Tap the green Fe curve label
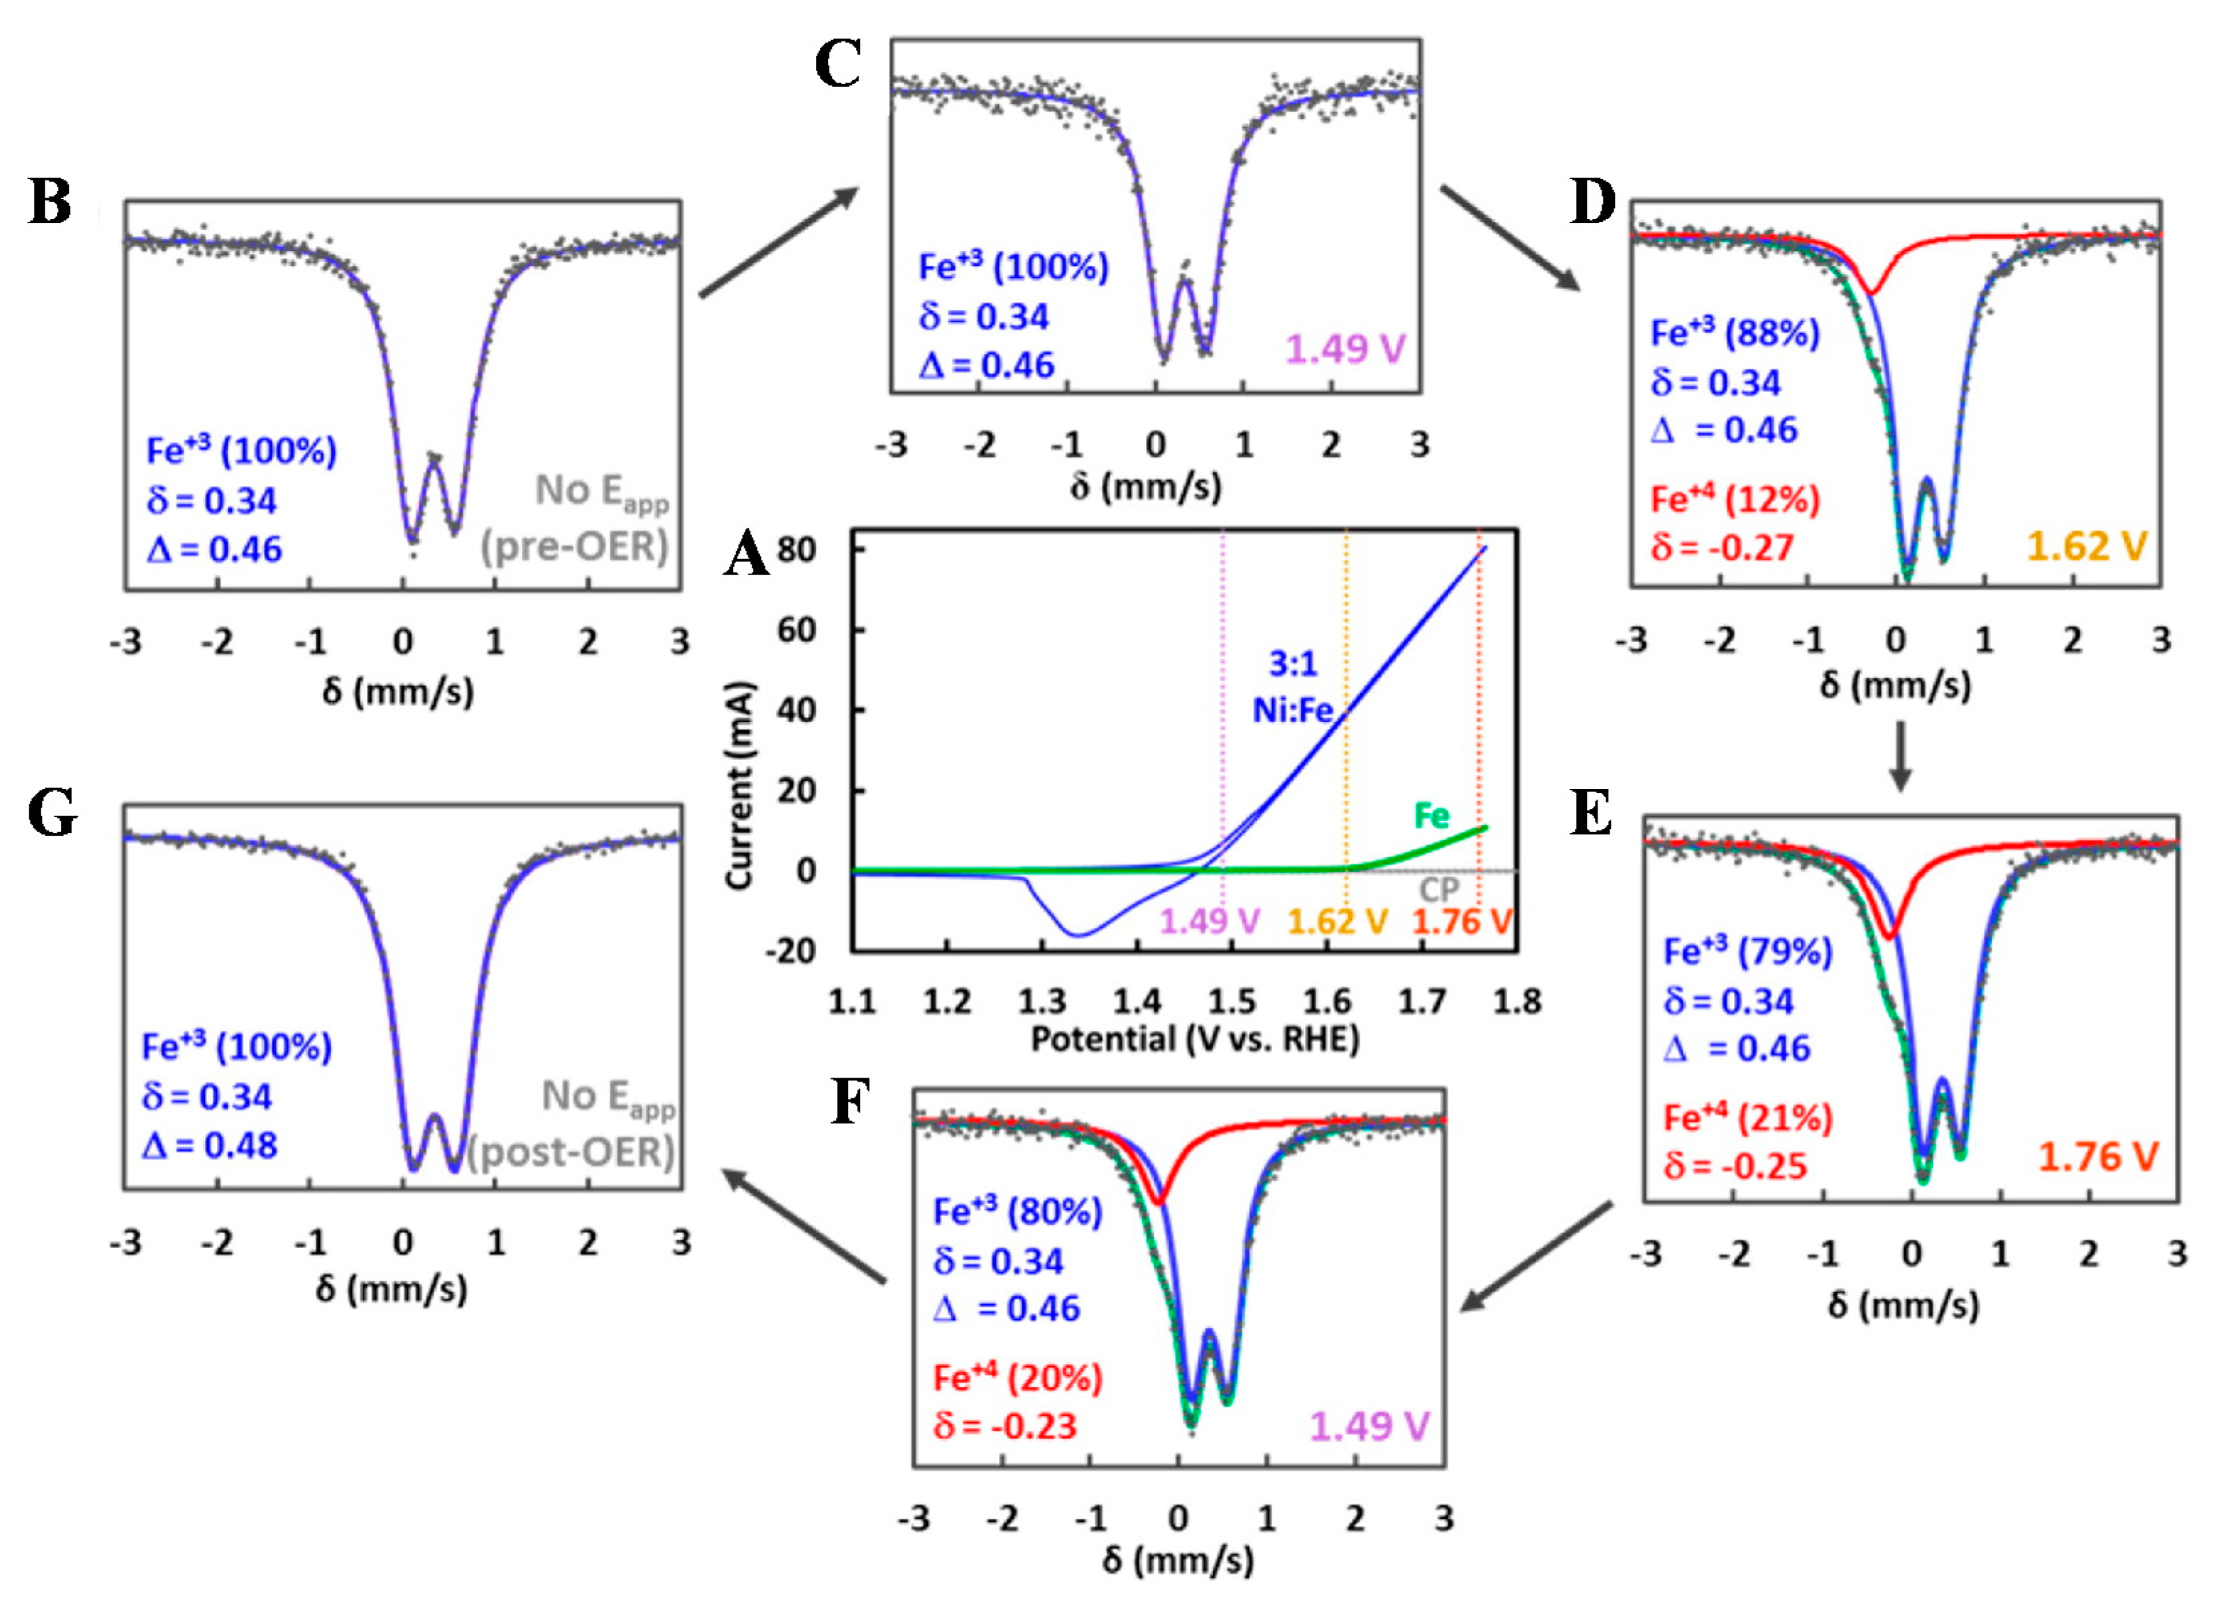[x=1431, y=816]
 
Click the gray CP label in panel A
[x=1439, y=890]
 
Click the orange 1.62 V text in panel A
[x=1337, y=922]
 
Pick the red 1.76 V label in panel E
[x=2098, y=1157]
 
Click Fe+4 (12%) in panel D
[x=1735, y=500]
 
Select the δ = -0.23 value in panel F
[x=1004, y=1426]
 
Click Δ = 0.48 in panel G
[x=210, y=1145]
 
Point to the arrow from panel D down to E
[x=1899, y=757]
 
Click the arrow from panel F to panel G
[x=805, y=1229]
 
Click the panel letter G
[x=53, y=814]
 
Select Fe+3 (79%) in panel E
[x=1747, y=951]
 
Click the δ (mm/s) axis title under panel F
[x=1178, y=1560]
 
